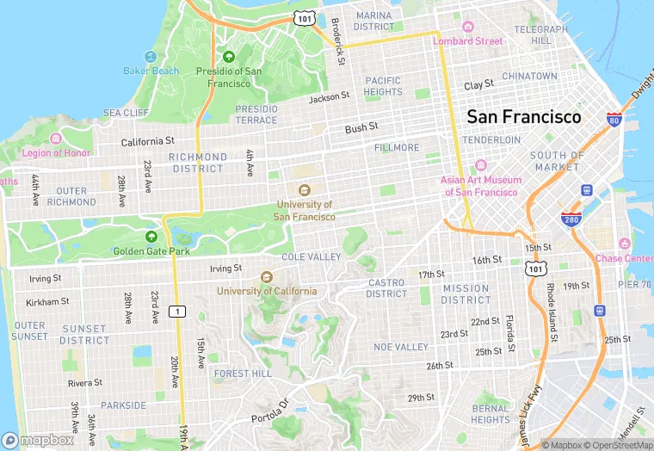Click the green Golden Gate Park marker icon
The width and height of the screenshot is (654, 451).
coord(151,237)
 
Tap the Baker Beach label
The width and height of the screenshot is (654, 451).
coord(151,71)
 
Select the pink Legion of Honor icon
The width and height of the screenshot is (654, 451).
coord(56,139)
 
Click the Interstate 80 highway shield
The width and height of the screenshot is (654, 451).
coord(614,120)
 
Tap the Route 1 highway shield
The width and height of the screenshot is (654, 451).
coord(176,311)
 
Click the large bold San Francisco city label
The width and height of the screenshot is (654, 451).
coord(523,116)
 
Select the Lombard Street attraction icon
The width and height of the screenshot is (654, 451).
coord(467,27)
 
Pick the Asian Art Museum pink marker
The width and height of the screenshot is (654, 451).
coord(481,164)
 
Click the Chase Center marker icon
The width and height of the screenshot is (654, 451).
coord(624,244)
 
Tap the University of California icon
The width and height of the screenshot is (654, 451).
coord(265,277)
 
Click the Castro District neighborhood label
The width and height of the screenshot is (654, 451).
coord(386,288)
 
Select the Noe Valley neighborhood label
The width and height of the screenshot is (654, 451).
coord(400,347)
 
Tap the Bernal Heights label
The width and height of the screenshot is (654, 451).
coord(490,414)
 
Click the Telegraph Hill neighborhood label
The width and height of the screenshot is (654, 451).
coord(541,34)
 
